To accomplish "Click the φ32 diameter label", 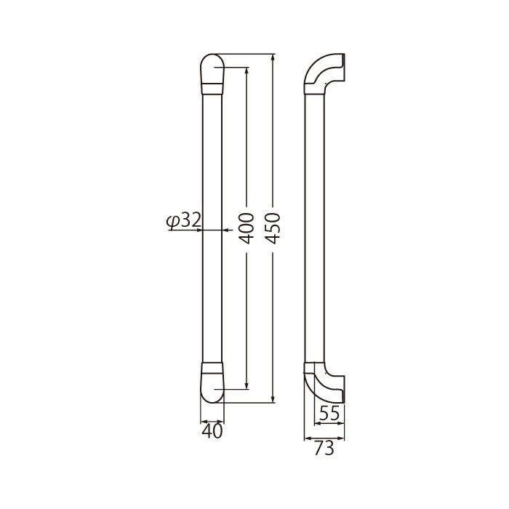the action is (x=183, y=220).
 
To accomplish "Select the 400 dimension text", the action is (x=246, y=228).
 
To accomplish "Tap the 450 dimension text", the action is (x=272, y=228).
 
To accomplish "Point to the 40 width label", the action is (x=212, y=432).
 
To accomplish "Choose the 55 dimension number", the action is (x=329, y=414).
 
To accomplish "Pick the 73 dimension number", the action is (x=324, y=449).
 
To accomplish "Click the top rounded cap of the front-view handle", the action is (x=212, y=68).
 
